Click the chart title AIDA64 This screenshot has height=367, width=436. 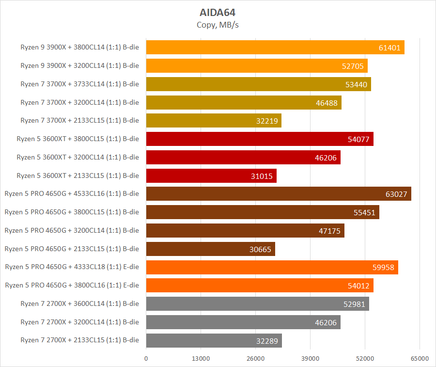pyautogui.click(x=218, y=12)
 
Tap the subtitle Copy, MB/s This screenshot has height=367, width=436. pyautogui.click(x=218, y=25)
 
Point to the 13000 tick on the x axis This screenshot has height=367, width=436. pyautogui.click(x=201, y=358)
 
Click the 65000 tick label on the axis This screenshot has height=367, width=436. pyautogui.click(x=420, y=358)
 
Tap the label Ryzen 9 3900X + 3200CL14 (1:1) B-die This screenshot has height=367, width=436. pyautogui.click(x=79, y=65)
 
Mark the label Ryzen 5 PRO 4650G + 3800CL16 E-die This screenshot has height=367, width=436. pyautogui.click(x=72, y=285)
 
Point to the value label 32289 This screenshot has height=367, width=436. pyautogui.click(x=267, y=341)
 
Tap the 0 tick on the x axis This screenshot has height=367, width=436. pyautogui.click(x=146, y=358)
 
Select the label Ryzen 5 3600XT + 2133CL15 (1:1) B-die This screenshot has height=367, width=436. pyautogui.click(x=78, y=176)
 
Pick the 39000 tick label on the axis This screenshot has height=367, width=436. pyautogui.click(x=310, y=358)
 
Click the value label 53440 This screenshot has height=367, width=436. pyautogui.click(x=356, y=84)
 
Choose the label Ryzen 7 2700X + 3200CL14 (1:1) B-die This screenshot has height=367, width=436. pyautogui.click(x=79, y=322)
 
